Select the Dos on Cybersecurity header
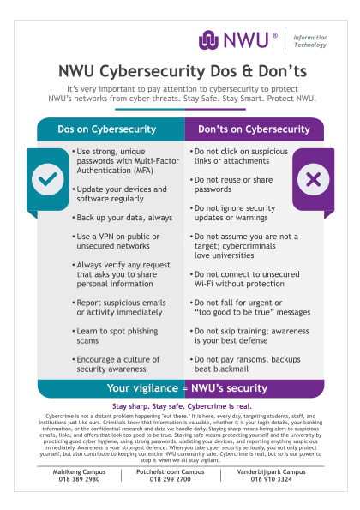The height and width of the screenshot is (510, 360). [x=111, y=129]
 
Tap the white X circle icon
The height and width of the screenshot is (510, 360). [x=313, y=180]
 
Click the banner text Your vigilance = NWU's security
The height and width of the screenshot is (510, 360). [x=179, y=388]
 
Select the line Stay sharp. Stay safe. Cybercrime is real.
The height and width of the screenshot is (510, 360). [x=179, y=406]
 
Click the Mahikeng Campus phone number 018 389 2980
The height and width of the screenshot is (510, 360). [x=77, y=479]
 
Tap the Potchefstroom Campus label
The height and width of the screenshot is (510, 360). [x=179, y=471]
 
